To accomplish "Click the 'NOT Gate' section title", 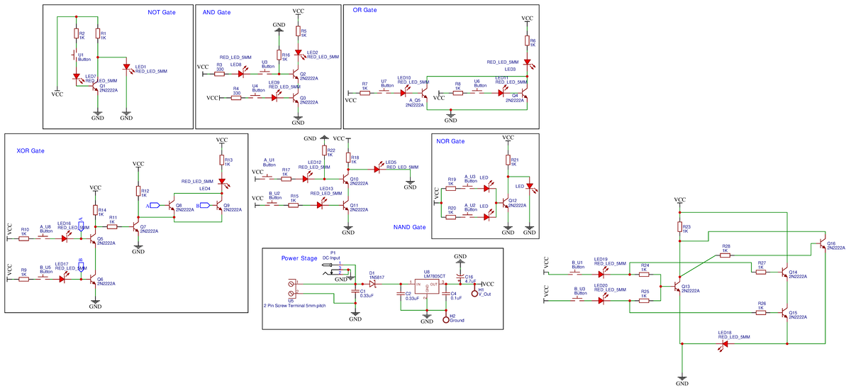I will click(161, 12).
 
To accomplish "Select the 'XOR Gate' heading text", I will click(30, 151).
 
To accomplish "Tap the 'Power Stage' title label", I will click(299, 258).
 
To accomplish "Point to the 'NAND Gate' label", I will click(409, 227).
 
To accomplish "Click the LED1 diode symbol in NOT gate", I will click(126, 67).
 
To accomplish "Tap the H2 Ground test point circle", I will click(446, 320).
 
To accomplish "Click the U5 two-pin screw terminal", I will click(293, 287).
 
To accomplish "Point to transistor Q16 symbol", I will click(821, 243).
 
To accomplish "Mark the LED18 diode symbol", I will click(724, 343).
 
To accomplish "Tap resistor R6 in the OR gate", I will click(526, 42).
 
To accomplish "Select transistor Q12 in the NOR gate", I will click(505, 202).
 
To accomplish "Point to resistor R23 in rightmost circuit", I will click(679, 228).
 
